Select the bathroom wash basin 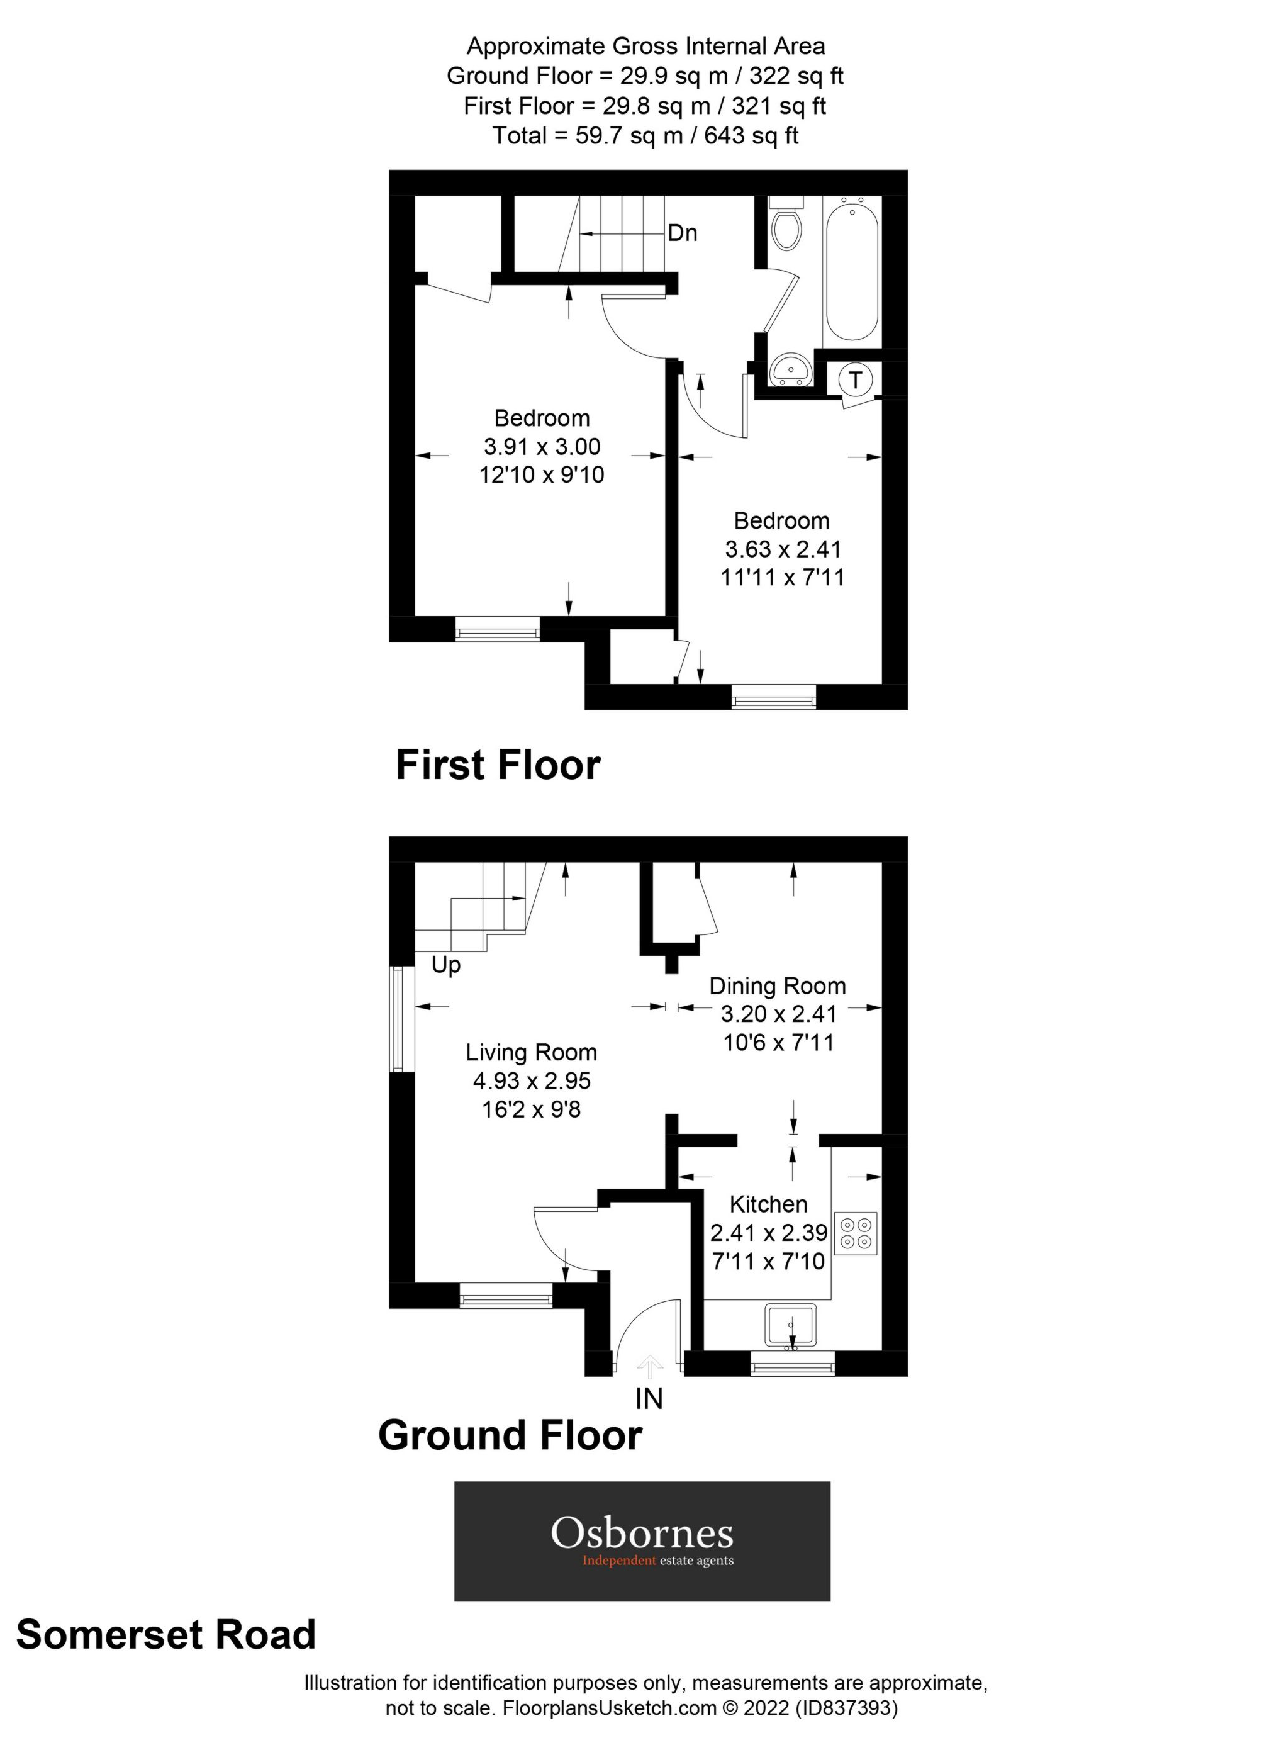(x=790, y=368)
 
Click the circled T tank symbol (x=855, y=379)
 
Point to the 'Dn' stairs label (x=682, y=232)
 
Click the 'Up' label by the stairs (x=446, y=965)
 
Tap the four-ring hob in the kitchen (x=856, y=1232)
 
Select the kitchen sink (x=790, y=1326)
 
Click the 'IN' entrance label (x=649, y=1398)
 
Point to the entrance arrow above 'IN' (x=650, y=1367)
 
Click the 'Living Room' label (x=531, y=1053)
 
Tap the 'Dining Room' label (x=777, y=986)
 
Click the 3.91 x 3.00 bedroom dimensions (x=542, y=446)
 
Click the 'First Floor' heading (x=498, y=765)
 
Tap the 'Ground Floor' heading (x=510, y=1436)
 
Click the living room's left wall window (x=398, y=1019)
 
